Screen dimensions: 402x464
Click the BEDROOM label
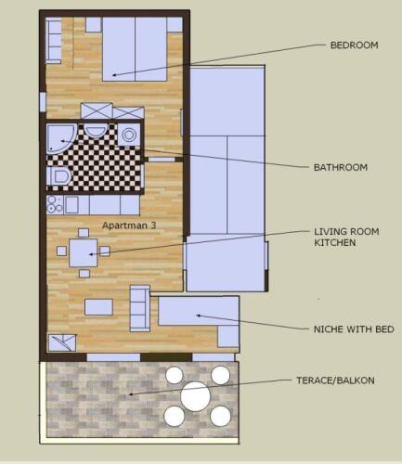tap(354, 45)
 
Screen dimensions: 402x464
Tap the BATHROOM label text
tap(341, 167)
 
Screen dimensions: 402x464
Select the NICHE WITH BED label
tap(354, 329)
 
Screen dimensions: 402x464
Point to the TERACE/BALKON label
tap(335, 380)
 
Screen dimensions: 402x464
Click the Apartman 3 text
tap(129, 226)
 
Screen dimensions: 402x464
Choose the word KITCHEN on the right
tap(335, 242)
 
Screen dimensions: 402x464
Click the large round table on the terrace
tap(196, 396)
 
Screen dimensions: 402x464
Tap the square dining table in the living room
tap(84, 253)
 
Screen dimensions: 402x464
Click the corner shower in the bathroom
tap(60, 138)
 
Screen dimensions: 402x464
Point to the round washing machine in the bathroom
tap(129, 135)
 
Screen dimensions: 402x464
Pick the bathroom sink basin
tap(96, 131)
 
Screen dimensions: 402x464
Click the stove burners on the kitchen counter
tap(55, 204)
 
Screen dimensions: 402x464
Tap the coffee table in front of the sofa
tap(98, 307)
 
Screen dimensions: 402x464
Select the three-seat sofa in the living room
tap(140, 308)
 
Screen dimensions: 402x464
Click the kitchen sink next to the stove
tap(71, 204)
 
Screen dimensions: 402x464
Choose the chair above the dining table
tap(84, 233)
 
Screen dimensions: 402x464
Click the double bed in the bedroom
tap(135, 49)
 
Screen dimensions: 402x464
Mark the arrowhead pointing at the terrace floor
tap(131, 394)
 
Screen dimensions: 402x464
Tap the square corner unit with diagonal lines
tap(62, 342)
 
